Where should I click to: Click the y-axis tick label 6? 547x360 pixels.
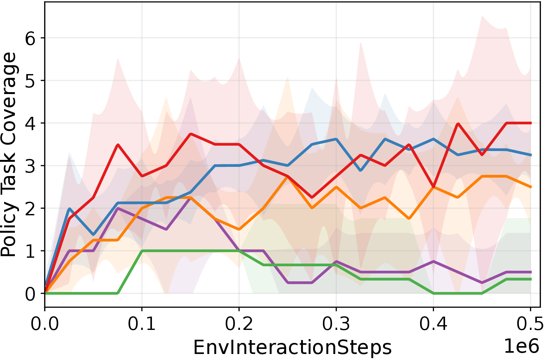click(30, 39)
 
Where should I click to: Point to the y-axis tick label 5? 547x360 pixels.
click(30, 81)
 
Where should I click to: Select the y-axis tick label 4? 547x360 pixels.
click(30, 123)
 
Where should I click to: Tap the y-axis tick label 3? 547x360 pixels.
click(30, 166)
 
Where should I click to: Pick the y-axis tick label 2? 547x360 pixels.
click(30, 209)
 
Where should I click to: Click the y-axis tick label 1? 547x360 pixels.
click(30, 251)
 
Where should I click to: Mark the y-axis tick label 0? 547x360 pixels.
click(30, 294)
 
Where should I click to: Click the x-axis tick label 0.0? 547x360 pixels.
click(45, 324)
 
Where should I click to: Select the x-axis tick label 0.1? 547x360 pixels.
click(142, 324)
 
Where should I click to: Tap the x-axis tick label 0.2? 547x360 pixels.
click(239, 324)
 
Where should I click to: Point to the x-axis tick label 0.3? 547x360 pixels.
click(336, 324)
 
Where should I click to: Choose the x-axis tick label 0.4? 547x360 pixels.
click(433, 324)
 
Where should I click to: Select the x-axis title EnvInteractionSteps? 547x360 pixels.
click(292, 348)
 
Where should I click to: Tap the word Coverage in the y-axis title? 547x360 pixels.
click(9, 98)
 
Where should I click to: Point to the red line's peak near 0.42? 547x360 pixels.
click(457, 123)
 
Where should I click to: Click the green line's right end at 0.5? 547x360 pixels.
click(531, 279)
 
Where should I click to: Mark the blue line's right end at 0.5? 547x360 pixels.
click(531, 155)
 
